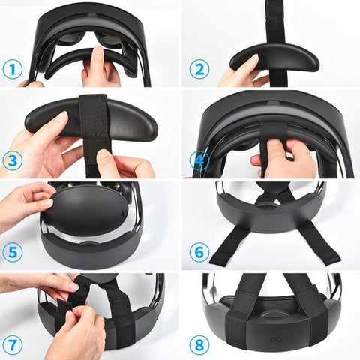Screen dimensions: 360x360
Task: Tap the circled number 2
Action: (199, 70)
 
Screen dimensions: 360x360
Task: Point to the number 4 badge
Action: (199, 160)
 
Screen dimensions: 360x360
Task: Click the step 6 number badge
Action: (199, 253)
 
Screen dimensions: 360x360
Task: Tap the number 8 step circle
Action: (199, 344)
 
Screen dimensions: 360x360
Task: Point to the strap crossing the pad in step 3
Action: (94, 124)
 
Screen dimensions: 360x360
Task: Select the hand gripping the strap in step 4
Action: (281, 157)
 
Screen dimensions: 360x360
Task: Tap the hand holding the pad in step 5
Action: (26, 202)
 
